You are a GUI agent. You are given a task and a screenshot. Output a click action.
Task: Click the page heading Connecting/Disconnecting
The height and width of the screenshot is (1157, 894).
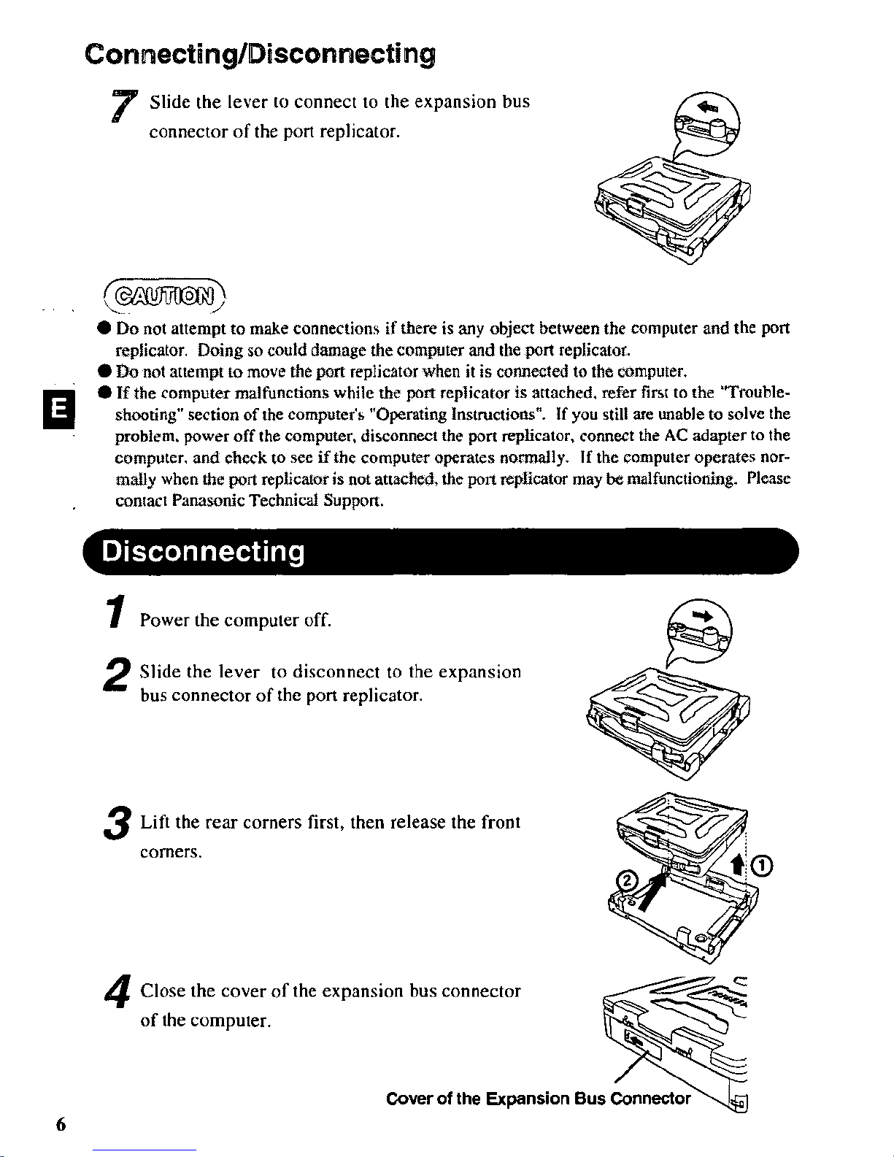point(260,54)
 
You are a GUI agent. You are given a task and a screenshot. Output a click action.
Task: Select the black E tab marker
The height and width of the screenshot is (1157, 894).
point(58,409)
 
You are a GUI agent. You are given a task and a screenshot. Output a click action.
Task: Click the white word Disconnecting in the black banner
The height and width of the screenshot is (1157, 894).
point(203,552)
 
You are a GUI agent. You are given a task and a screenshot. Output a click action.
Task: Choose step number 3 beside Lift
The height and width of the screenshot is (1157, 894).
point(117,823)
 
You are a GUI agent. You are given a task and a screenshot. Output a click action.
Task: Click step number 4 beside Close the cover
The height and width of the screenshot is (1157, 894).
point(117,991)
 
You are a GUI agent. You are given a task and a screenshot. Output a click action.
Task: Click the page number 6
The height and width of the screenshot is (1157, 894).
point(61,1125)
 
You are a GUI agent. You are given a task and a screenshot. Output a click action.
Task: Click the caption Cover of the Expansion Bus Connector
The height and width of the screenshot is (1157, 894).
point(538,1098)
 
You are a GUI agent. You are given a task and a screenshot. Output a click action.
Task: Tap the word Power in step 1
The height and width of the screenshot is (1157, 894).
point(164,620)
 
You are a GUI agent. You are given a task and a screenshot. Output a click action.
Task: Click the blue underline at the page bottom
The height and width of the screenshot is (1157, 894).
point(144,1150)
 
